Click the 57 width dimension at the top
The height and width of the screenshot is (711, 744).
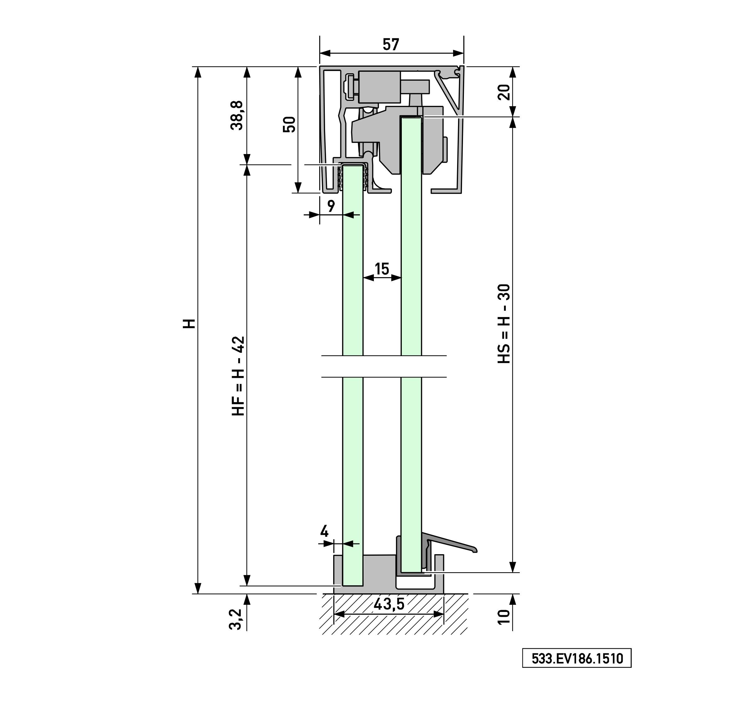click(x=391, y=44)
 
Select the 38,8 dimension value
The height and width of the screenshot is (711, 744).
click(x=237, y=115)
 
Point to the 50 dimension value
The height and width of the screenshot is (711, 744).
click(x=289, y=124)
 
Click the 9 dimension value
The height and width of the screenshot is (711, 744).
click(x=331, y=206)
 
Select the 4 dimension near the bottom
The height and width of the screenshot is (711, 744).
click(x=324, y=531)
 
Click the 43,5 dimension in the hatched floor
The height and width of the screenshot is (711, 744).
click(x=389, y=604)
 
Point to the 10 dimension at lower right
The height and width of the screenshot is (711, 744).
click(x=504, y=617)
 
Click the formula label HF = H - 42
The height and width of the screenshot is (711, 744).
click(x=238, y=376)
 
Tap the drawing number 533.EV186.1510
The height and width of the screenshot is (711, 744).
click(x=577, y=658)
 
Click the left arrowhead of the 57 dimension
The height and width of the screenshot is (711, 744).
click(x=324, y=53)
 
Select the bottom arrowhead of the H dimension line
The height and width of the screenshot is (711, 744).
click(x=197, y=588)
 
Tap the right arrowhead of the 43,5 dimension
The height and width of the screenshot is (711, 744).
click(x=438, y=614)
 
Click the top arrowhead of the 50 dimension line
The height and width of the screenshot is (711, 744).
click(x=298, y=72)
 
